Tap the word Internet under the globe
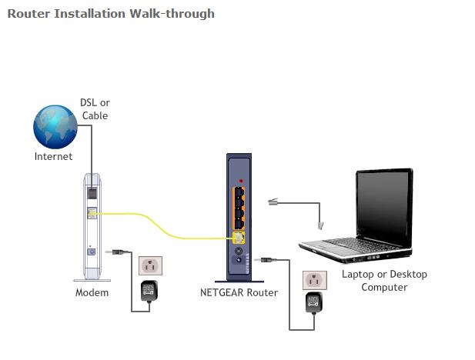click(54, 156)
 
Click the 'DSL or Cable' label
click(95, 109)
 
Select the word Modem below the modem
click(92, 292)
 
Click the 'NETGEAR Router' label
click(239, 292)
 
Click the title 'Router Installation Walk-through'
click(111, 13)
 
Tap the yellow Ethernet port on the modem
click(92, 215)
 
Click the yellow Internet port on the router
click(238, 239)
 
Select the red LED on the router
click(241, 181)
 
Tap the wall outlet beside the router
click(313, 278)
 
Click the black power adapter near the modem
click(149, 290)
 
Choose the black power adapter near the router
click(313, 302)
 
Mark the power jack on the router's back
click(239, 260)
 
